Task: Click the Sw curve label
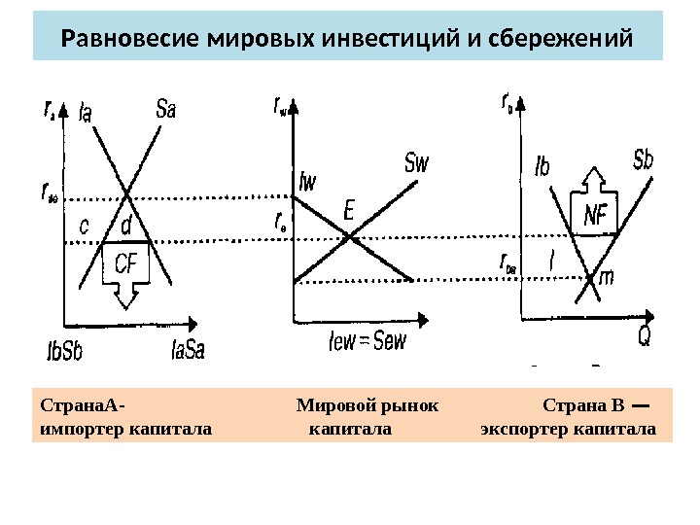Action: [416, 162]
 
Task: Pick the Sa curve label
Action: [166, 109]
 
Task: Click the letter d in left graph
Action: [125, 226]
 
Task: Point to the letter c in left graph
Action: [84, 226]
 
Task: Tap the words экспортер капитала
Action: [568, 429]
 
